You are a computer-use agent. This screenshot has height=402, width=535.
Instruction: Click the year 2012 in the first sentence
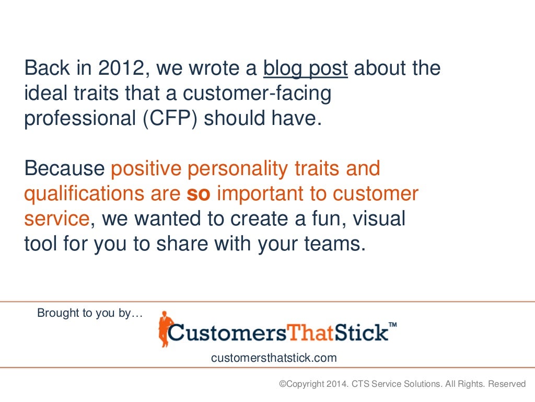(x=124, y=68)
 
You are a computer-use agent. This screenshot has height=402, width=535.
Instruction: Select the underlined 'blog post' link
(x=306, y=68)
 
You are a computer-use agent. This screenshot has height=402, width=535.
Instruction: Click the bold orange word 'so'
(x=199, y=194)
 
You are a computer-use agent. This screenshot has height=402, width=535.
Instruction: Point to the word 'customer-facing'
(x=260, y=94)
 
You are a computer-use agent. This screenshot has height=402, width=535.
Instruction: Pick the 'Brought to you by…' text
(x=90, y=313)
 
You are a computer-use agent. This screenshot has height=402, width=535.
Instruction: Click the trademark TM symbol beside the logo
(x=393, y=325)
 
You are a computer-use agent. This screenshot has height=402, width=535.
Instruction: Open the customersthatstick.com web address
(x=274, y=358)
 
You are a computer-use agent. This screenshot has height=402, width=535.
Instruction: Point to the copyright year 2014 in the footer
(x=334, y=384)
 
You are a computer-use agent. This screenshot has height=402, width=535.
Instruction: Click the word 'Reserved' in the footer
(x=507, y=384)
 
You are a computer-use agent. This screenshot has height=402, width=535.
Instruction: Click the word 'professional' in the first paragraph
(x=78, y=118)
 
